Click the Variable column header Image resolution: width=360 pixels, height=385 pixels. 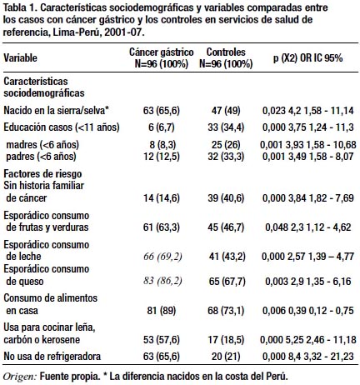point(20,57)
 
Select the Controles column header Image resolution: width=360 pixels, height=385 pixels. point(226,57)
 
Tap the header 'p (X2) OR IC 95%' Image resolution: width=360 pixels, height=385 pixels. point(307,58)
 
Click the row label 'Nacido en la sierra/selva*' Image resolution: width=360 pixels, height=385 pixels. point(56,111)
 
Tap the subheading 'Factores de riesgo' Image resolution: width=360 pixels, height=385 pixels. point(42,174)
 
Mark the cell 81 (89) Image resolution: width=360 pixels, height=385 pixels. point(162,310)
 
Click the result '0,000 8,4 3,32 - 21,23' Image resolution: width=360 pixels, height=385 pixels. point(308,356)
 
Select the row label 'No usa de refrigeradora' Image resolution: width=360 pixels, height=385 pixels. point(52,356)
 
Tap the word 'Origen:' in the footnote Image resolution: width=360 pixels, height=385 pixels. point(20,377)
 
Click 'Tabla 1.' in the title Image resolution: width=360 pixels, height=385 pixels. point(20,7)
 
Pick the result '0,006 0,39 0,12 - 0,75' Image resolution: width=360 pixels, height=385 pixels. point(308,310)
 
